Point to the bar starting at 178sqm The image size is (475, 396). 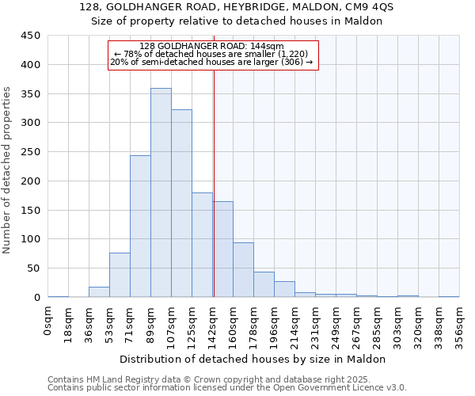(264, 284)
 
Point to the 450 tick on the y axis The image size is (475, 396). (30, 36)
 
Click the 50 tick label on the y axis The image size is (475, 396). (33, 268)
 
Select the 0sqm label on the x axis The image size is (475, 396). (49, 317)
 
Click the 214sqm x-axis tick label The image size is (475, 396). (294, 322)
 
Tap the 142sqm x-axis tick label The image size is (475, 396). (212, 322)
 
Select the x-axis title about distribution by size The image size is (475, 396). (253, 359)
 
